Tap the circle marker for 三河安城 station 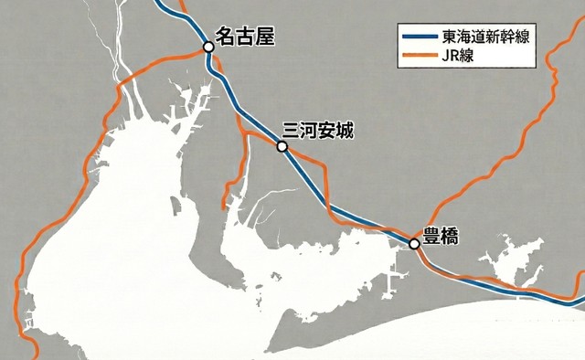(x=282, y=146)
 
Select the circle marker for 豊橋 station (x=414, y=244)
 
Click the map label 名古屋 (x=244, y=37)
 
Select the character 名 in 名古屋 (x=224, y=37)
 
